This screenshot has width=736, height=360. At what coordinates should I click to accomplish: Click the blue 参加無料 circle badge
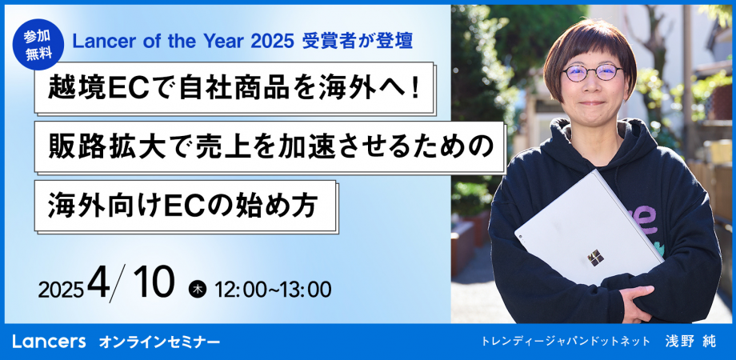tap(38, 44)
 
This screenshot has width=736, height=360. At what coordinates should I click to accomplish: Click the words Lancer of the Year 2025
tap(183, 42)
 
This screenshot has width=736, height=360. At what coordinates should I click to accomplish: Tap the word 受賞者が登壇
tap(358, 42)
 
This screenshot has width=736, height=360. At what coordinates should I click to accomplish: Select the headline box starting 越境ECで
tap(234, 88)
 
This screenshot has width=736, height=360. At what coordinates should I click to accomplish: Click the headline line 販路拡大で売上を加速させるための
tap(270, 147)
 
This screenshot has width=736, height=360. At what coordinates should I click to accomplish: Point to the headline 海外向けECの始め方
tap(186, 206)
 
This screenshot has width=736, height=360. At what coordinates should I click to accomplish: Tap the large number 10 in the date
tap(153, 283)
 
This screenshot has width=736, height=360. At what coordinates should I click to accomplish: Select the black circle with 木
tap(198, 289)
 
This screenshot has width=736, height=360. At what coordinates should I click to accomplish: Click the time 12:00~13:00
tap(272, 290)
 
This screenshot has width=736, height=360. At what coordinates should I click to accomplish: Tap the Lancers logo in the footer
tap(49, 342)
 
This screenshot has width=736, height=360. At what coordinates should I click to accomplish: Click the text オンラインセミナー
tap(159, 342)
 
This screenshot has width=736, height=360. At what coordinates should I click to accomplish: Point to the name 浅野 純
tap(690, 342)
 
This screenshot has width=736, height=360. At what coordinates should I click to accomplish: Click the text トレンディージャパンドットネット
tap(565, 342)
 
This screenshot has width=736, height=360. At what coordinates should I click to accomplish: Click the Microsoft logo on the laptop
tap(596, 258)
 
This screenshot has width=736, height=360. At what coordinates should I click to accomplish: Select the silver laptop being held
tap(589, 228)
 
